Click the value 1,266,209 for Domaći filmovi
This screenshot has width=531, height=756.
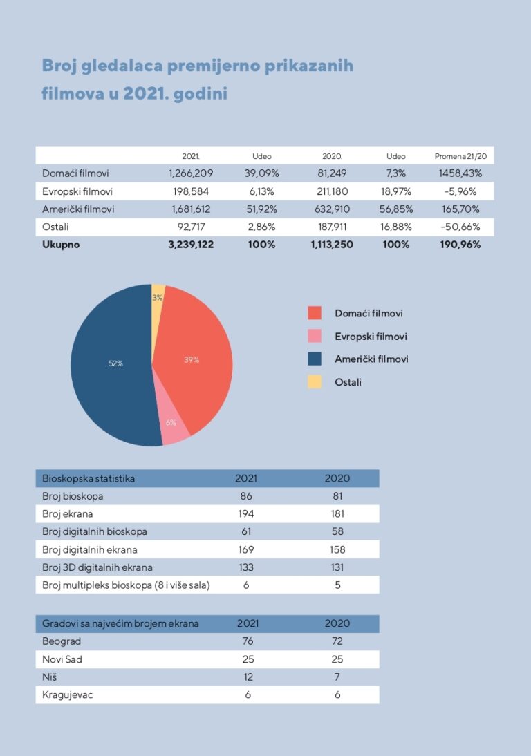click(x=191, y=173)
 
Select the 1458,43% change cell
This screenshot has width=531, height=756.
click(x=460, y=173)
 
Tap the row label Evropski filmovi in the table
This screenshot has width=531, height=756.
click(x=77, y=191)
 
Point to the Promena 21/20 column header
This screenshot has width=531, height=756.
click(x=460, y=156)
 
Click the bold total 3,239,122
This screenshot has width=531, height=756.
click(x=191, y=245)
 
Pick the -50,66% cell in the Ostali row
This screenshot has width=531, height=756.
click(x=460, y=227)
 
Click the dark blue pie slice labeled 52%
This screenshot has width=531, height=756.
click(x=111, y=363)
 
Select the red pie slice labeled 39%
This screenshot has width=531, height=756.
click(x=197, y=359)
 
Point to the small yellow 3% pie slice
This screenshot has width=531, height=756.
click(x=158, y=293)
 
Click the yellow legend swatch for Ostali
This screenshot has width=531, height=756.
click(x=315, y=382)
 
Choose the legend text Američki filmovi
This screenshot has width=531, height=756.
click(x=371, y=359)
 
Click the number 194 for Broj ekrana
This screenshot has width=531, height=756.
click(x=245, y=513)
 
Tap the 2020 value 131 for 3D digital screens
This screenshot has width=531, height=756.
click(x=337, y=567)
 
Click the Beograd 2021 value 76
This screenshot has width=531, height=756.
click(x=248, y=641)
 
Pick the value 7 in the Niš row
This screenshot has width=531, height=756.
click(x=337, y=677)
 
